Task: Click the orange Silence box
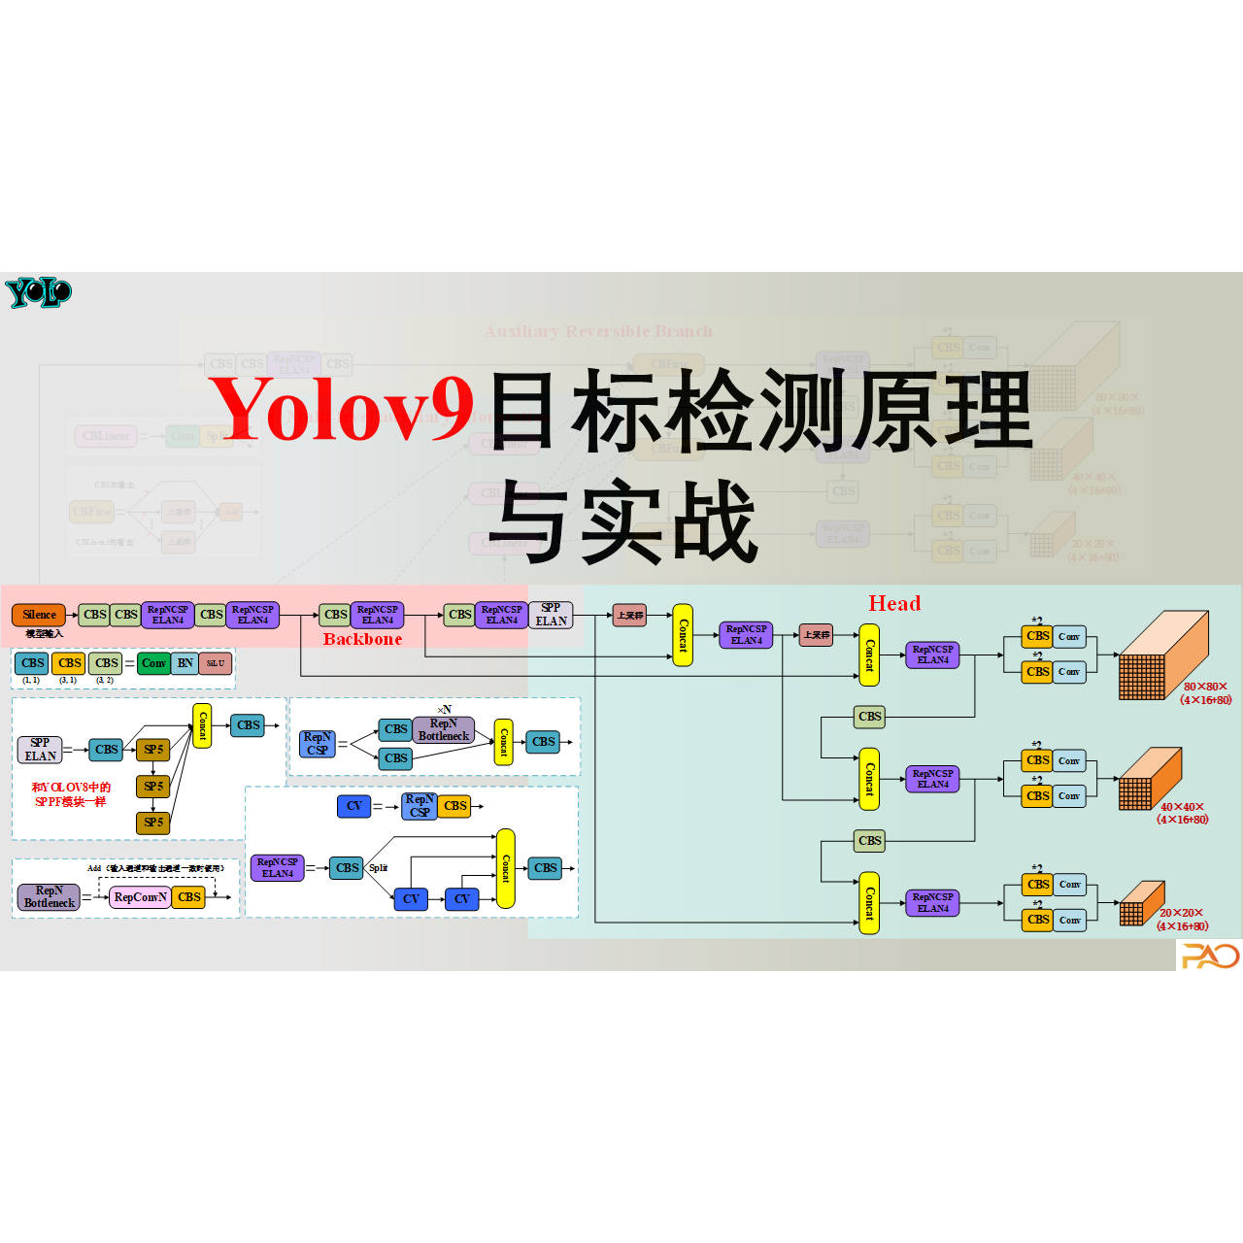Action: [39, 615]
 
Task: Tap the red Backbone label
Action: [362, 639]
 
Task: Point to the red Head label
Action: [894, 604]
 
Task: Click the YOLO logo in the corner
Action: [38, 292]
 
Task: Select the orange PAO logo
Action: [1209, 957]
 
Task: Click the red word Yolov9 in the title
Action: [341, 409]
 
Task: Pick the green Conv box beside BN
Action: [153, 663]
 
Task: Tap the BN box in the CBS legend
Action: [185, 663]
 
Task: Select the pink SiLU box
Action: [216, 663]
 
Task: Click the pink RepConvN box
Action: [140, 897]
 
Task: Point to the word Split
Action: [378, 867]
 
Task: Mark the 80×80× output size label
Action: [1205, 687]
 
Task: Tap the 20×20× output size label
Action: [1181, 913]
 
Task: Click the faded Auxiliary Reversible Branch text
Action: [598, 331]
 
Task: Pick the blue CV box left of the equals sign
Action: [353, 806]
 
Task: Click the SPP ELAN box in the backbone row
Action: [551, 615]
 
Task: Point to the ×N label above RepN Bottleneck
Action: [444, 710]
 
